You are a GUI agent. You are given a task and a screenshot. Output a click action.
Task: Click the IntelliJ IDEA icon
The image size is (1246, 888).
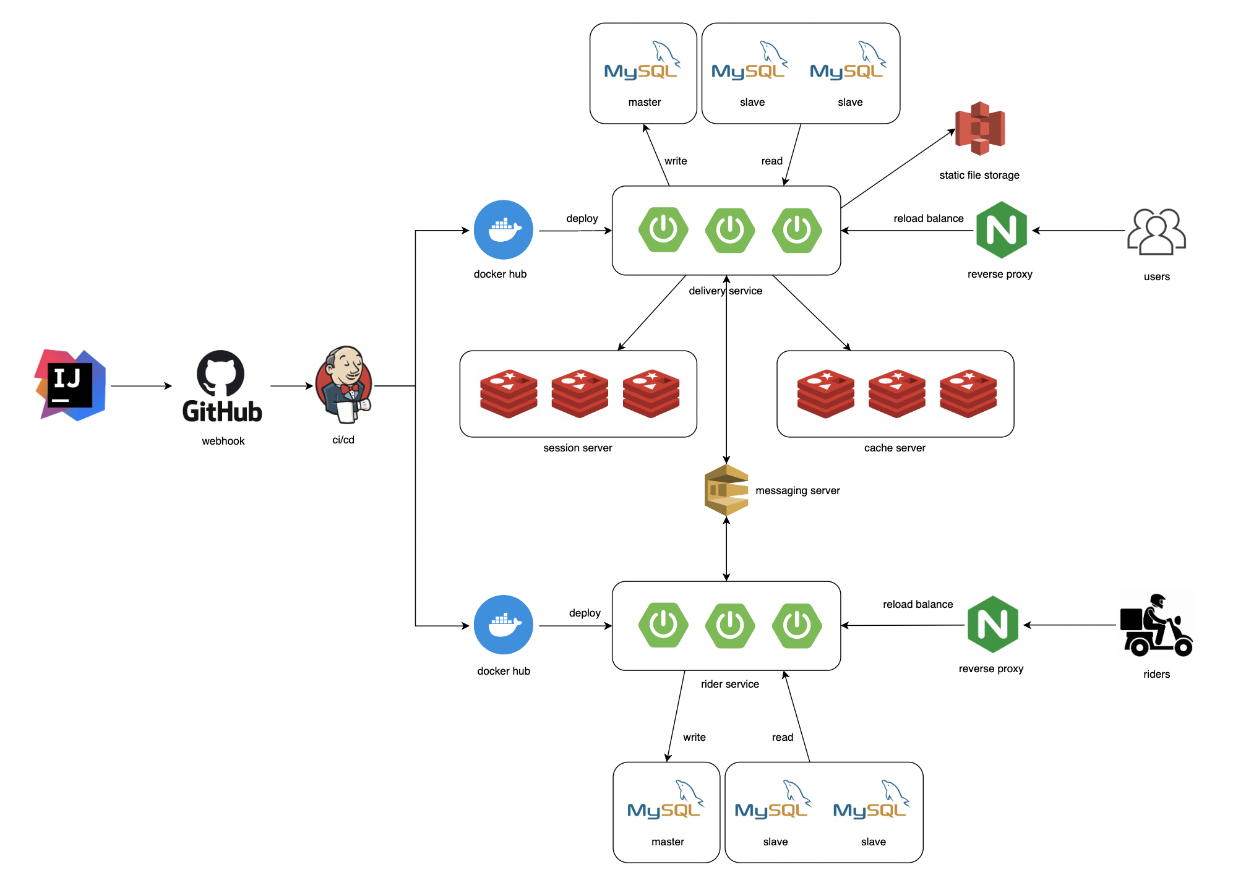pos(71,385)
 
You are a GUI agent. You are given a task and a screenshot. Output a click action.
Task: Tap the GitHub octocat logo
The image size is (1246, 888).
pos(221,373)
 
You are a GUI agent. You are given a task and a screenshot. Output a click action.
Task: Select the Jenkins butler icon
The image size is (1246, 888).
pos(344,385)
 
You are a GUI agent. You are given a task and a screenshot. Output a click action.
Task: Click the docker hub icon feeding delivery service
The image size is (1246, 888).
pos(504,230)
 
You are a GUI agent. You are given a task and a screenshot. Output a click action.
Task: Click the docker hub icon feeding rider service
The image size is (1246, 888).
pos(504,625)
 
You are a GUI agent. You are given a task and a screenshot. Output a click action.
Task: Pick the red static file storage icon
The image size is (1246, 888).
pos(980,129)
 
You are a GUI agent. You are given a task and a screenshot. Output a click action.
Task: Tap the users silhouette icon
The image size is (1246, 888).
pos(1156,232)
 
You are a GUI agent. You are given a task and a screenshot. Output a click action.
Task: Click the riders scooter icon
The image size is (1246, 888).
pos(1156,626)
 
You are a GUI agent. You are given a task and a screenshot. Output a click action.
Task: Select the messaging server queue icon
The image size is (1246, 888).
pos(726,490)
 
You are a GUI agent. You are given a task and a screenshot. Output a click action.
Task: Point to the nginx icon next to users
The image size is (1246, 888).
pos(1001,230)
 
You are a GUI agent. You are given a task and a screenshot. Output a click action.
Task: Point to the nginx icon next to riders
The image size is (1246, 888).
pos(992,625)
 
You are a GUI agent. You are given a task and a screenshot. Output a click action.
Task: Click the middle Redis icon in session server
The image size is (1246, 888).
pos(580,394)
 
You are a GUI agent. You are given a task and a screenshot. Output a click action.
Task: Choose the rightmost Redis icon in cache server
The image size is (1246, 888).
pos(968,394)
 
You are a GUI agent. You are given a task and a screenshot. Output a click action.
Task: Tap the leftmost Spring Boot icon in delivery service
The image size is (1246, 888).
pos(663,230)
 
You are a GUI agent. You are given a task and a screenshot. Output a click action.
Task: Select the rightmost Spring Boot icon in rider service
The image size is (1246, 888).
pos(797,625)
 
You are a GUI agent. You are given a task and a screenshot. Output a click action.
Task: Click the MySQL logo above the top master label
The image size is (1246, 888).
pos(642,62)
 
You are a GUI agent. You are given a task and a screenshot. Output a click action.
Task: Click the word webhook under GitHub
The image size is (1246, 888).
pos(223,441)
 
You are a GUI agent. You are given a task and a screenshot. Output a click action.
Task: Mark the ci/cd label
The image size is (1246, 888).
pos(343,440)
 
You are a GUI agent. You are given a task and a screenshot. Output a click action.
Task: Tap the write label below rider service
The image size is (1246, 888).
pos(694,737)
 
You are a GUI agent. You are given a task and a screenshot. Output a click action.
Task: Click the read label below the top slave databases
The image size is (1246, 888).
pos(771,161)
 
